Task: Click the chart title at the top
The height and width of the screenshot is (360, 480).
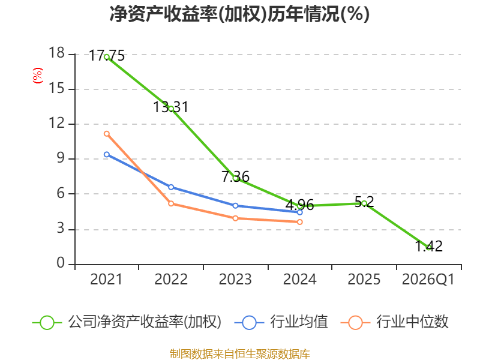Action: click(x=239, y=14)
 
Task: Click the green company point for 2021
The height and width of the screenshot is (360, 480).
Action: click(x=107, y=57)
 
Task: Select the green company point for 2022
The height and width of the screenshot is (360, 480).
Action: click(x=171, y=109)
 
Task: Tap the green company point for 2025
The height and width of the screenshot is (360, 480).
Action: click(x=364, y=203)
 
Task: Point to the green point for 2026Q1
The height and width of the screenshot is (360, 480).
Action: click(x=428, y=247)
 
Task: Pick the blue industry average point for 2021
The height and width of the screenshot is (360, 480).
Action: click(x=107, y=155)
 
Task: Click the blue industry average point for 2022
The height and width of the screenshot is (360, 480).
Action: click(x=171, y=187)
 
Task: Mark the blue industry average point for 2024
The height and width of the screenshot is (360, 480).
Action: click(x=300, y=212)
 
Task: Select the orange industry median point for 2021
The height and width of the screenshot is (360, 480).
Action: click(x=107, y=133)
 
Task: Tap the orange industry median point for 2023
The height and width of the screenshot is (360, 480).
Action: click(x=235, y=218)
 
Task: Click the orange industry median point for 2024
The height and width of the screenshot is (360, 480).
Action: click(x=300, y=222)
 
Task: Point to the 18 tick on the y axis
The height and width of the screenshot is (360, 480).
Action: click(x=56, y=54)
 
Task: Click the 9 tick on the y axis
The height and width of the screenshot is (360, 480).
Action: click(x=59, y=159)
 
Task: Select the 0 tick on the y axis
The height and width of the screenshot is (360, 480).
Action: click(x=60, y=264)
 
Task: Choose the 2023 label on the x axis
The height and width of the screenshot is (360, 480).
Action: click(x=235, y=280)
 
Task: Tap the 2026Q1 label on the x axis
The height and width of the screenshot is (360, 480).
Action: click(x=428, y=280)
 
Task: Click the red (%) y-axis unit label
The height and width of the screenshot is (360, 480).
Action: click(x=38, y=76)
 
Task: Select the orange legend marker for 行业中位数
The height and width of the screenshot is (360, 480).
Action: click(x=356, y=322)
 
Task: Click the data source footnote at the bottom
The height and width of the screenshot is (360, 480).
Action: click(x=239, y=353)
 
